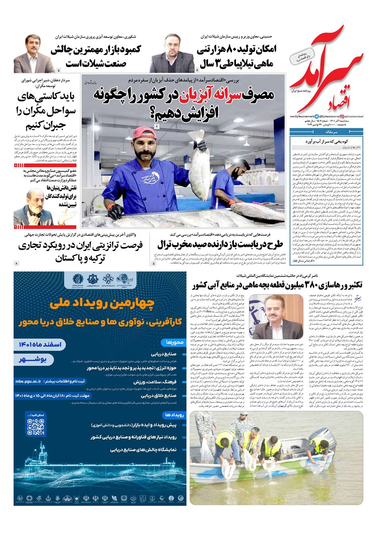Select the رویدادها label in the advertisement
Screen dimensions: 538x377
tap(174, 415)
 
